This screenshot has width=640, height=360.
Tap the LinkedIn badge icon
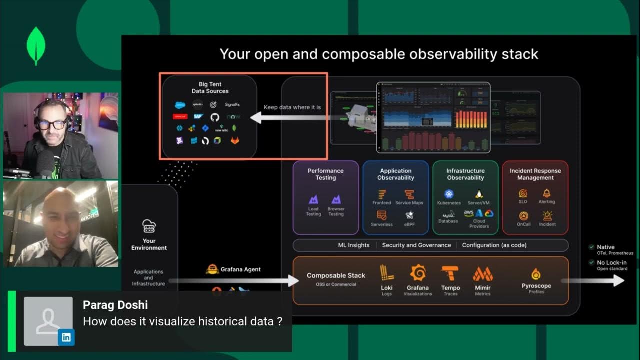pyautogui.click(x=66, y=337)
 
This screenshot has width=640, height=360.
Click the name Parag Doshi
pyautogui.click(x=115, y=305)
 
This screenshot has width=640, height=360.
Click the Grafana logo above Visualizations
pyautogui.click(x=418, y=273)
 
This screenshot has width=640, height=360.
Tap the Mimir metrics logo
pyautogui.click(x=483, y=274)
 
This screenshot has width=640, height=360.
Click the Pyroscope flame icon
pyautogui.click(x=536, y=274)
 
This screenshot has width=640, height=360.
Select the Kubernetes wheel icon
pyautogui.click(x=448, y=194)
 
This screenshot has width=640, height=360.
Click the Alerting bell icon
pyautogui.click(x=547, y=193)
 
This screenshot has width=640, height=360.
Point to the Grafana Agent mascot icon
pyautogui.click(x=212, y=269)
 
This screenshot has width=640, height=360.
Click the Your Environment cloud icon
pyautogui.click(x=149, y=226)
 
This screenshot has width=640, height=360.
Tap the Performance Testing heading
pyautogui.click(x=325, y=174)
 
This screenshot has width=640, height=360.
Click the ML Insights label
pyautogui.click(x=354, y=245)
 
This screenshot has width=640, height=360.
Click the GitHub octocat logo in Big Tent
pyautogui.click(x=215, y=117)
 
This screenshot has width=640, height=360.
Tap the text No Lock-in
pyautogui.click(x=611, y=262)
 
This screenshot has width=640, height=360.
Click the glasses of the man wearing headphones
pyautogui.click(x=52, y=124)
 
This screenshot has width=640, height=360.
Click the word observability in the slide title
pyautogui.click(x=423, y=54)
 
